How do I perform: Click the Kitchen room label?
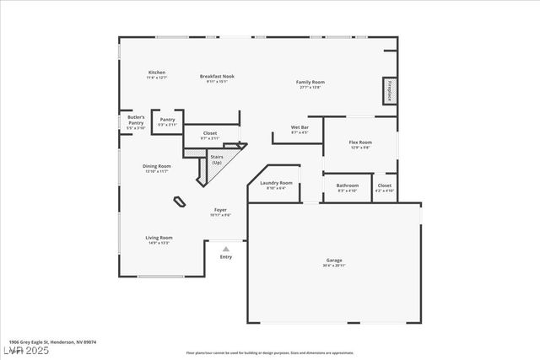[x=157, y=73]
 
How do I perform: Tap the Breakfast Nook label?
[x=217, y=76]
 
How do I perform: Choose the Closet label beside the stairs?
[x=210, y=132]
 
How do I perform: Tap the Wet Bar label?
[x=300, y=129]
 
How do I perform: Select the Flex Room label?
[x=360, y=142]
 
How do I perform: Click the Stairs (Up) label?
[x=217, y=159]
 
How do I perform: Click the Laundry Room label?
[x=276, y=183]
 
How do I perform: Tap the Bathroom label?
[x=348, y=185]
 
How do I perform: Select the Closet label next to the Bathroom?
[x=384, y=185]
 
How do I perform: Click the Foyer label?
[x=219, y=210]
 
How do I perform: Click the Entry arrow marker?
[x=225, y=249]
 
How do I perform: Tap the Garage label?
[x=334, y=261]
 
